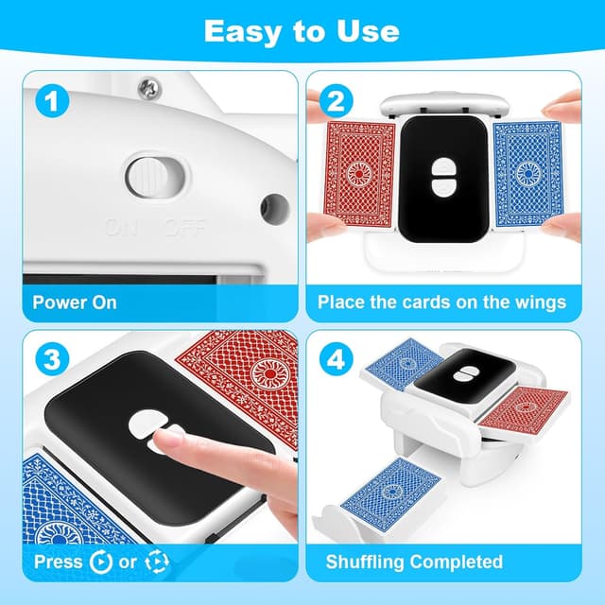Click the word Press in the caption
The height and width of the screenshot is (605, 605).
click(x=59, y=562)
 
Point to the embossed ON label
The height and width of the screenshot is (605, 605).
click(x=121, y=227)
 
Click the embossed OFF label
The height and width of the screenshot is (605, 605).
click(x=180, y=227)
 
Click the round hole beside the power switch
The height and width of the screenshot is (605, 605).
click(x=274, y=204)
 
